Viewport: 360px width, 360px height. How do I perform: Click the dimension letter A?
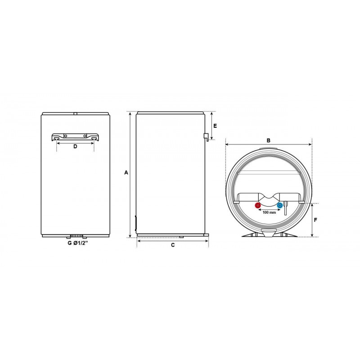click(126, 172)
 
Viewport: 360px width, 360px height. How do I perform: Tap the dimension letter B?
click(268, 140)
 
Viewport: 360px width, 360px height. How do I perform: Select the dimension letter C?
click(173, 245)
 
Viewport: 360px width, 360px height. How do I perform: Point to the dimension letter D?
click(75, 146)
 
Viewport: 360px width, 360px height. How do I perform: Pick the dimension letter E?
click(215, 126)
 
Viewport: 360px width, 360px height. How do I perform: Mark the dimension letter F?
click(315, 220)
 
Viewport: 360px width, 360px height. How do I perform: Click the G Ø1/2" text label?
click(78, 243)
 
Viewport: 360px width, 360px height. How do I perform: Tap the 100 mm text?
click(269, 212)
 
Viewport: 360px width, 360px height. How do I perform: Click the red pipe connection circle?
click(258, 205)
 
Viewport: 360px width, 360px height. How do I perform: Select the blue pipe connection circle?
click(279, 205)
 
